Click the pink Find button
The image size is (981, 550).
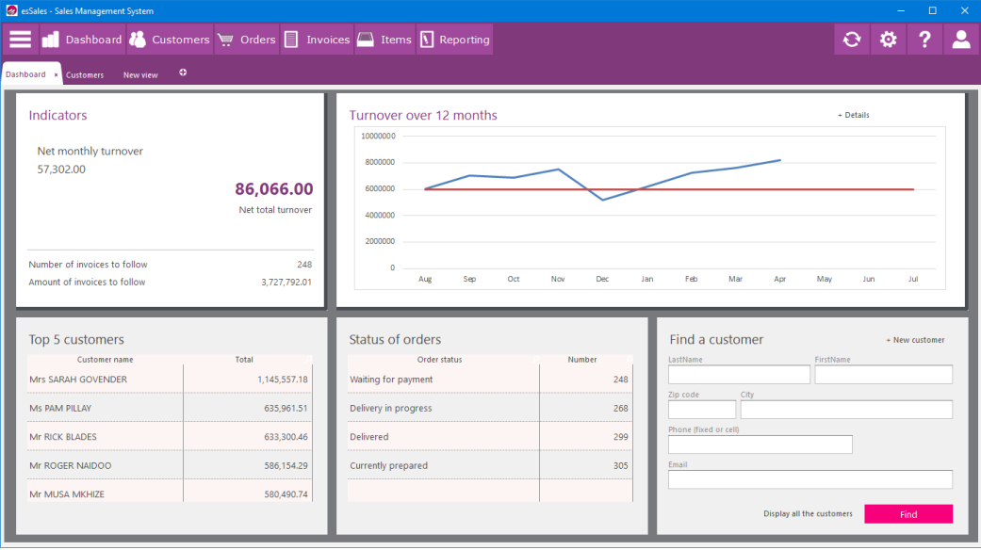[907, 514]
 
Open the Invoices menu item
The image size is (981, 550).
[317, 40]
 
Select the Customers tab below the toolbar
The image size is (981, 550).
[85, 74]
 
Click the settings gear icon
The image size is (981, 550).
[888, 40]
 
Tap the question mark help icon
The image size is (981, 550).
[924, 40]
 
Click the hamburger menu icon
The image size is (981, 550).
[20, 40]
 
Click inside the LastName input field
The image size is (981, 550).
[739, 375]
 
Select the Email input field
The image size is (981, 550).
[809, 479]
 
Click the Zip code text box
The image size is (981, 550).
[701, 410]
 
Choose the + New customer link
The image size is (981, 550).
[915, 340]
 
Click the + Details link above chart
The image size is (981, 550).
[854, 115]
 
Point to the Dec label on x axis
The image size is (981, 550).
[602, 280]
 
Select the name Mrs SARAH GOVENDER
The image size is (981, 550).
[78, 380]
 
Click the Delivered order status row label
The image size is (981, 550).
[369, 437]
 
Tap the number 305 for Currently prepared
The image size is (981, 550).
[620, 465]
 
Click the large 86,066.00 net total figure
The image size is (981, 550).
[273, 189]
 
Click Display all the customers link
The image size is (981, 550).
[808, 514]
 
